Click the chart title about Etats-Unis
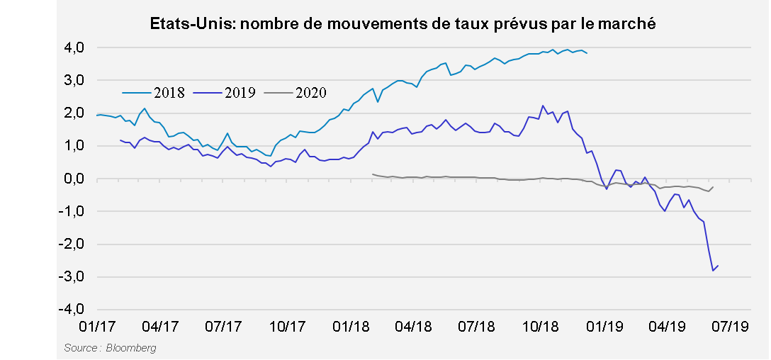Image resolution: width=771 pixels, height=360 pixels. click(x=403, y=24)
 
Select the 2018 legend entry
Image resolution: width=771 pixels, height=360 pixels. click(x=154, y=91)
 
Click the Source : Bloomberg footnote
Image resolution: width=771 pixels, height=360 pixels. click(x=110, y=348)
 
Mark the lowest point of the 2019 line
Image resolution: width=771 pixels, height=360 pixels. click(x=713, y=271)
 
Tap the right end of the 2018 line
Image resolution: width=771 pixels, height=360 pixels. click(x=587, y=53)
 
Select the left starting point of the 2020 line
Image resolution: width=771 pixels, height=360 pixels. click(x=373, y=174)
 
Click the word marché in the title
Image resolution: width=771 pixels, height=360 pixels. click(x=630, y=24)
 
